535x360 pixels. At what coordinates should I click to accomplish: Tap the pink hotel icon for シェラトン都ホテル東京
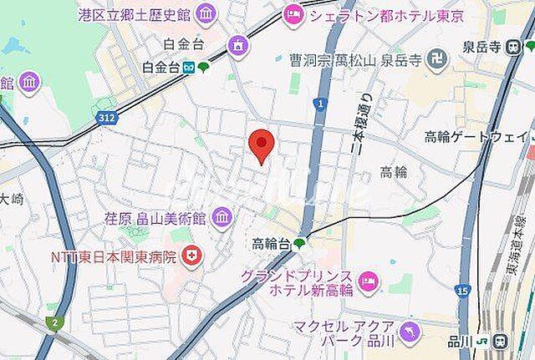293,13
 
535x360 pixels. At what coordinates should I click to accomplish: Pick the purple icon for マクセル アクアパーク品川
407,332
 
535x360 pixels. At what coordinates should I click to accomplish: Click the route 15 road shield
462,290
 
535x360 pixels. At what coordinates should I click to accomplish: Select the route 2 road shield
55,322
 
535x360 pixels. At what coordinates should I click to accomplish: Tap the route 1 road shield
319,104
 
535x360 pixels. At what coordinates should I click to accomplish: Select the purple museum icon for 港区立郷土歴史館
206,13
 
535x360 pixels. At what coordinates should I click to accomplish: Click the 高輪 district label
394,172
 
